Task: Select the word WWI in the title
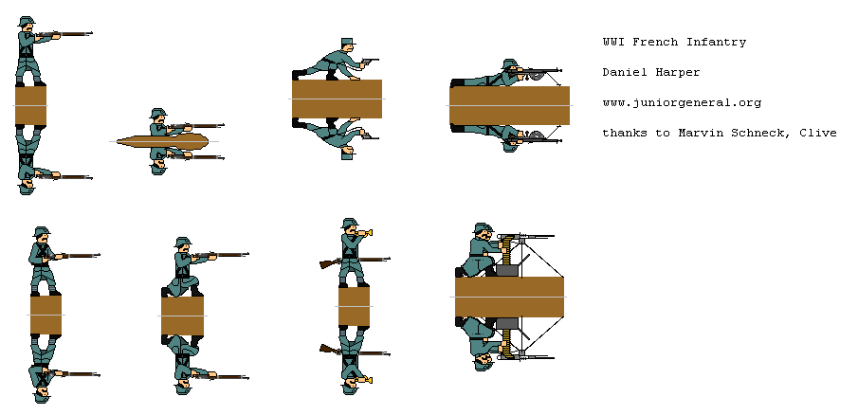(613, 42)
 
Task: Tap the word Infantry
(716, 42)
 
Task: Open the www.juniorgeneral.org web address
(682, 102)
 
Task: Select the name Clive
(817, 133)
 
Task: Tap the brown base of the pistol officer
(337, 99)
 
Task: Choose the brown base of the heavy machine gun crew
(509, 297)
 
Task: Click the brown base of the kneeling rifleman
(182, 316)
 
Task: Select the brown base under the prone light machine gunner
(509, 105)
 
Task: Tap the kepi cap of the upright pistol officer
(347, 44)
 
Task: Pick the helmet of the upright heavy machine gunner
(482, 229)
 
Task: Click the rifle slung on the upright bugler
(332, 262)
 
